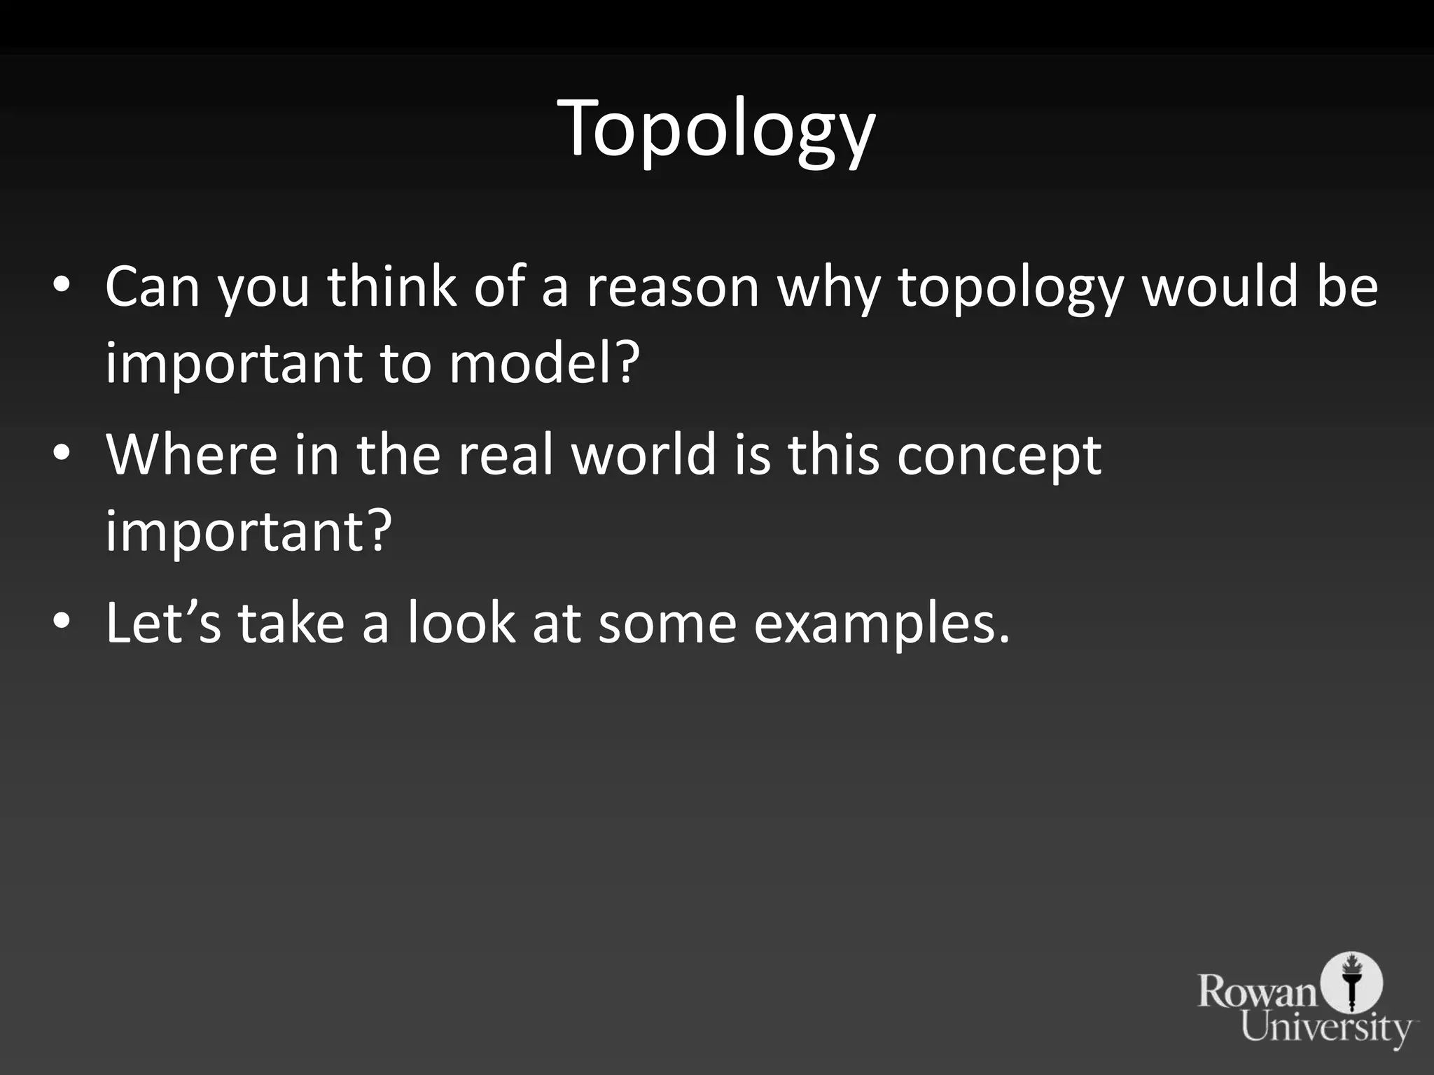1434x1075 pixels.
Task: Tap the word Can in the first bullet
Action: pyautogui.click(x=152, y=287)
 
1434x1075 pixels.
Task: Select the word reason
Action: pyautogui.click(x=672, y=287)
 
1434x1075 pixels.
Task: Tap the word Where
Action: pyautogui.click(x=191, y=455)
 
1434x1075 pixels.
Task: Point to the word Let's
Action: pyautogui.click(x=163, y=622)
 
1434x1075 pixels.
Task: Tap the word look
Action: pyautogui.click(x=461, y=622)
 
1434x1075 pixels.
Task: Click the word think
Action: pyautogui.click(x=391, y=287)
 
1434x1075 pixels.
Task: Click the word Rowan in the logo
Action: pyautogui.click(x=1258, y=992)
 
